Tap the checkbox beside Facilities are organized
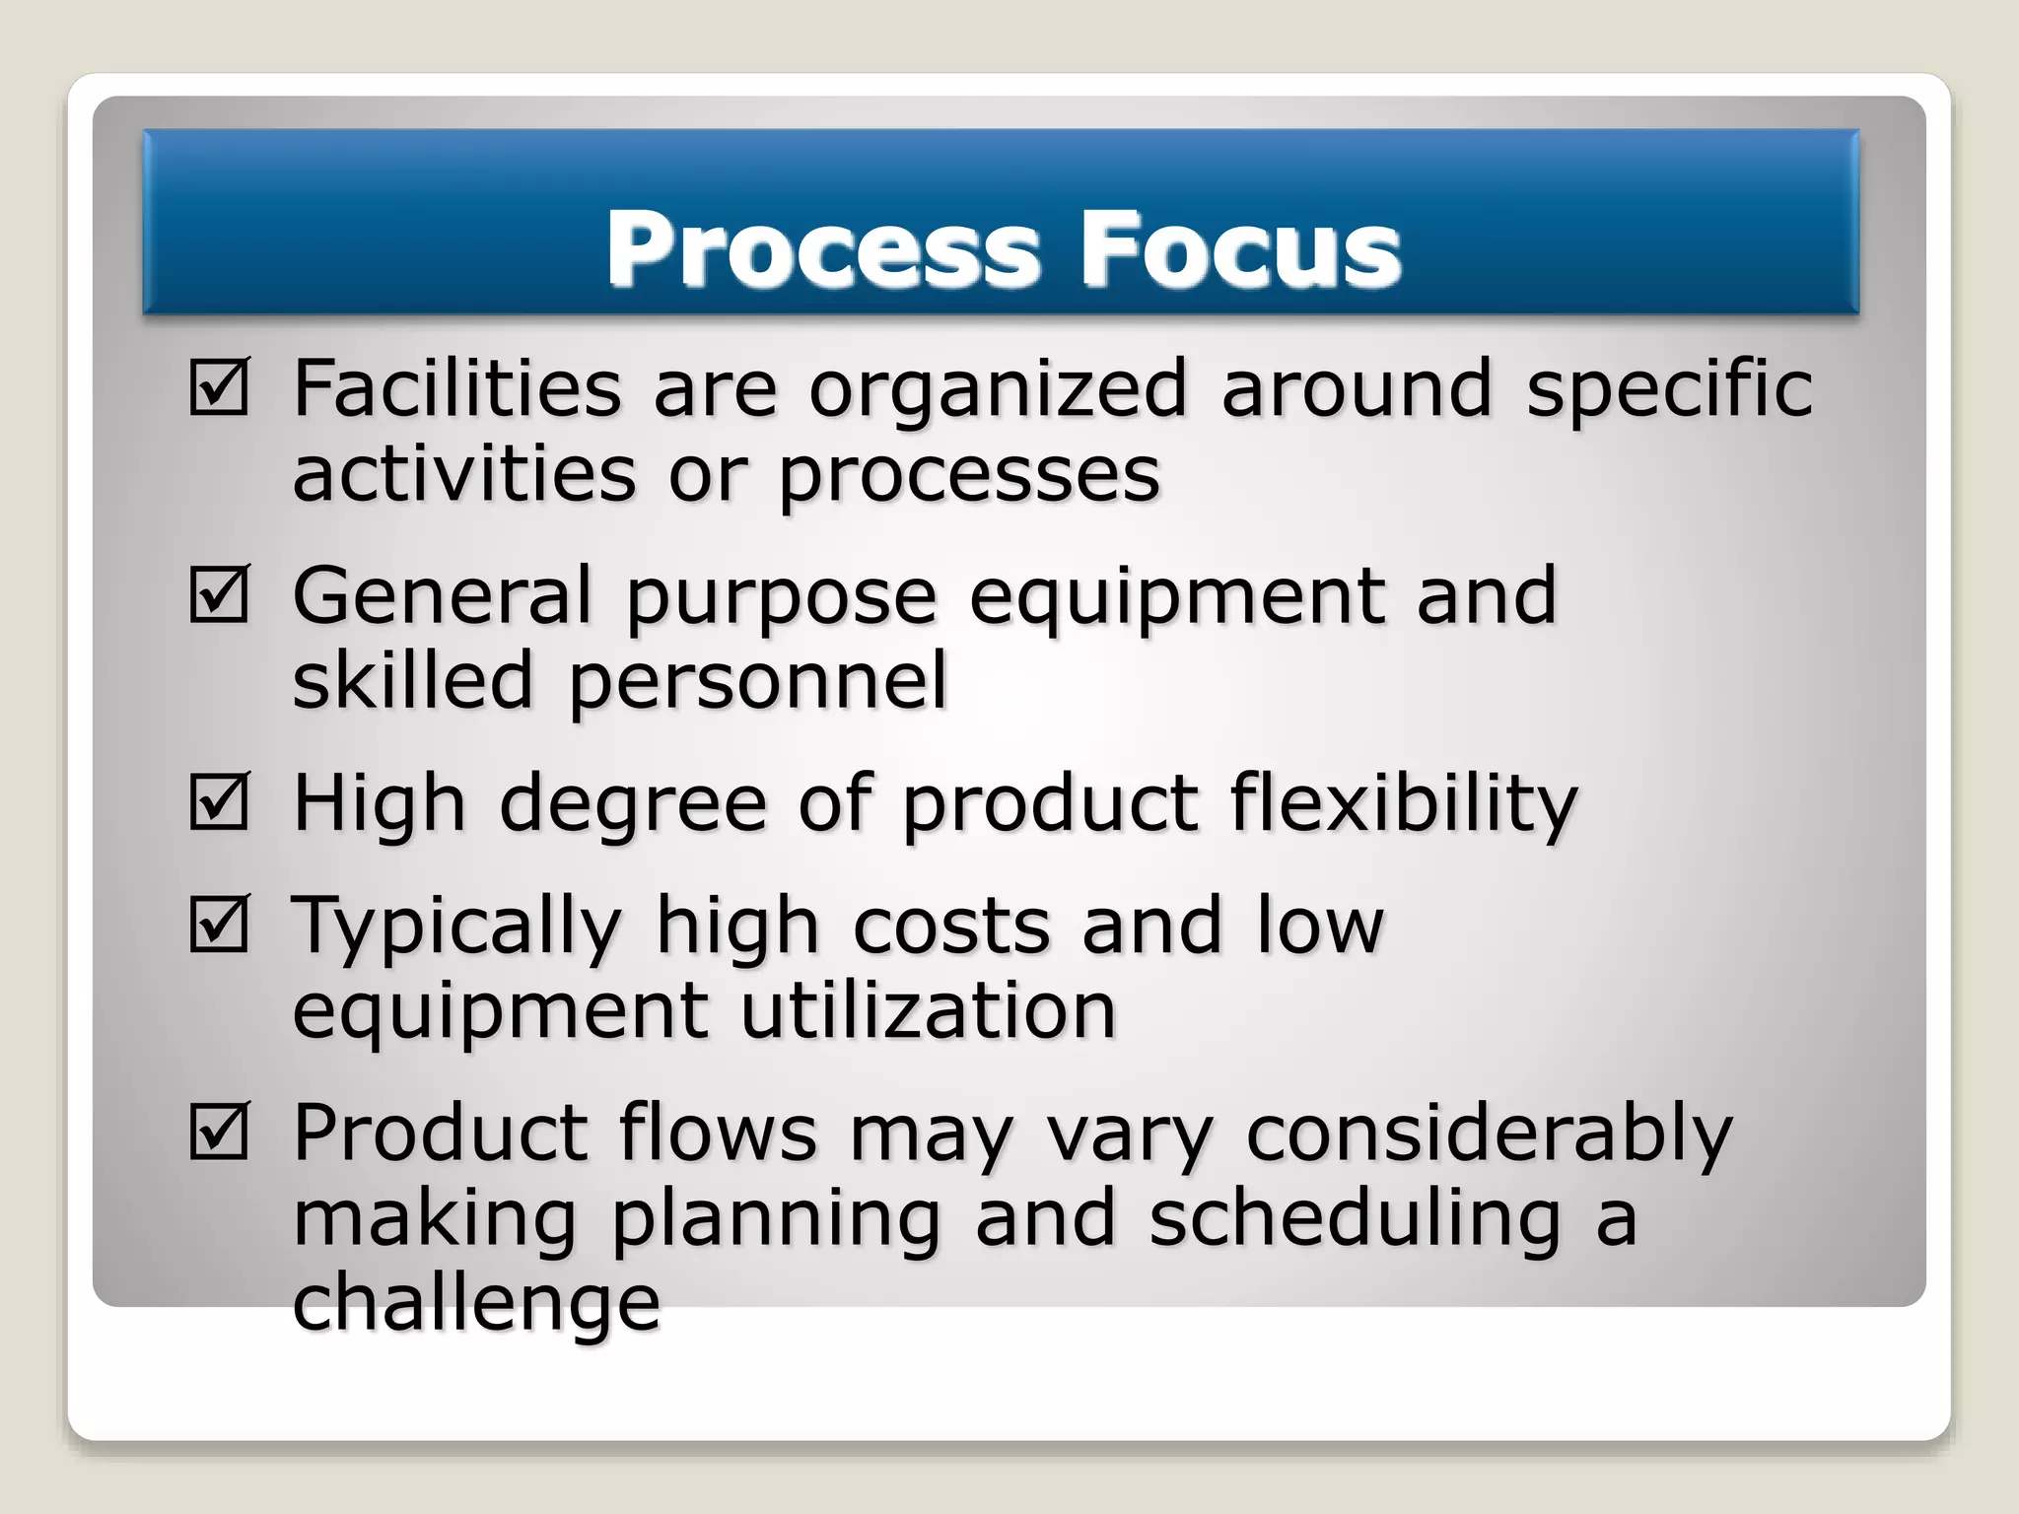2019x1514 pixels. pos(219,387)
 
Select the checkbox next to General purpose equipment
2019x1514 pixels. pos(219,594)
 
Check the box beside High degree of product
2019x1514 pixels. pos(219,801)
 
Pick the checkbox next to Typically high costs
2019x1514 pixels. pos(219,925)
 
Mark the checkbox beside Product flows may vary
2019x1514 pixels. pos(219,1132)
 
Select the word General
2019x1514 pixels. pos(443,595)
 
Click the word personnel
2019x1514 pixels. pos(757,683)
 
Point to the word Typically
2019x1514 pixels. pos(457,929)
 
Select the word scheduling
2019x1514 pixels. pos(1356,1221)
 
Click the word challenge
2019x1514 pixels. pos(476,1304)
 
